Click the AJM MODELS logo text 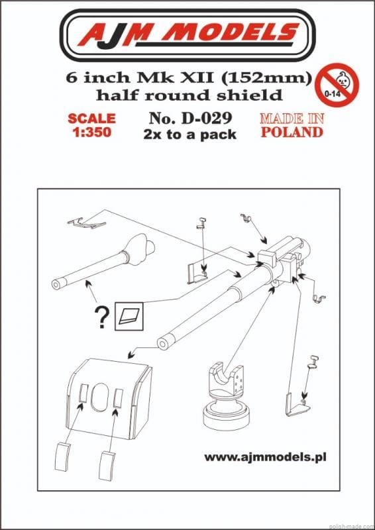[x=187, y=34]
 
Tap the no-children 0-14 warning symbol [x=337, y=85]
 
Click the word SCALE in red [x=91, y=119]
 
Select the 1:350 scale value [x=91, y=132]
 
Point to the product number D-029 [x=190, y=119]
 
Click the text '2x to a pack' [x=189, y=134]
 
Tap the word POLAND [x=292, y=132]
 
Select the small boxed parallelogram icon [x=129, y=317]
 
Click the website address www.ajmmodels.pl [x=266, y=457]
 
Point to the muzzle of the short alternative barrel [x=58, y=285]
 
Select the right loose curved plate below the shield [x=107, y=465]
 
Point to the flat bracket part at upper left [x=87, y=223]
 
